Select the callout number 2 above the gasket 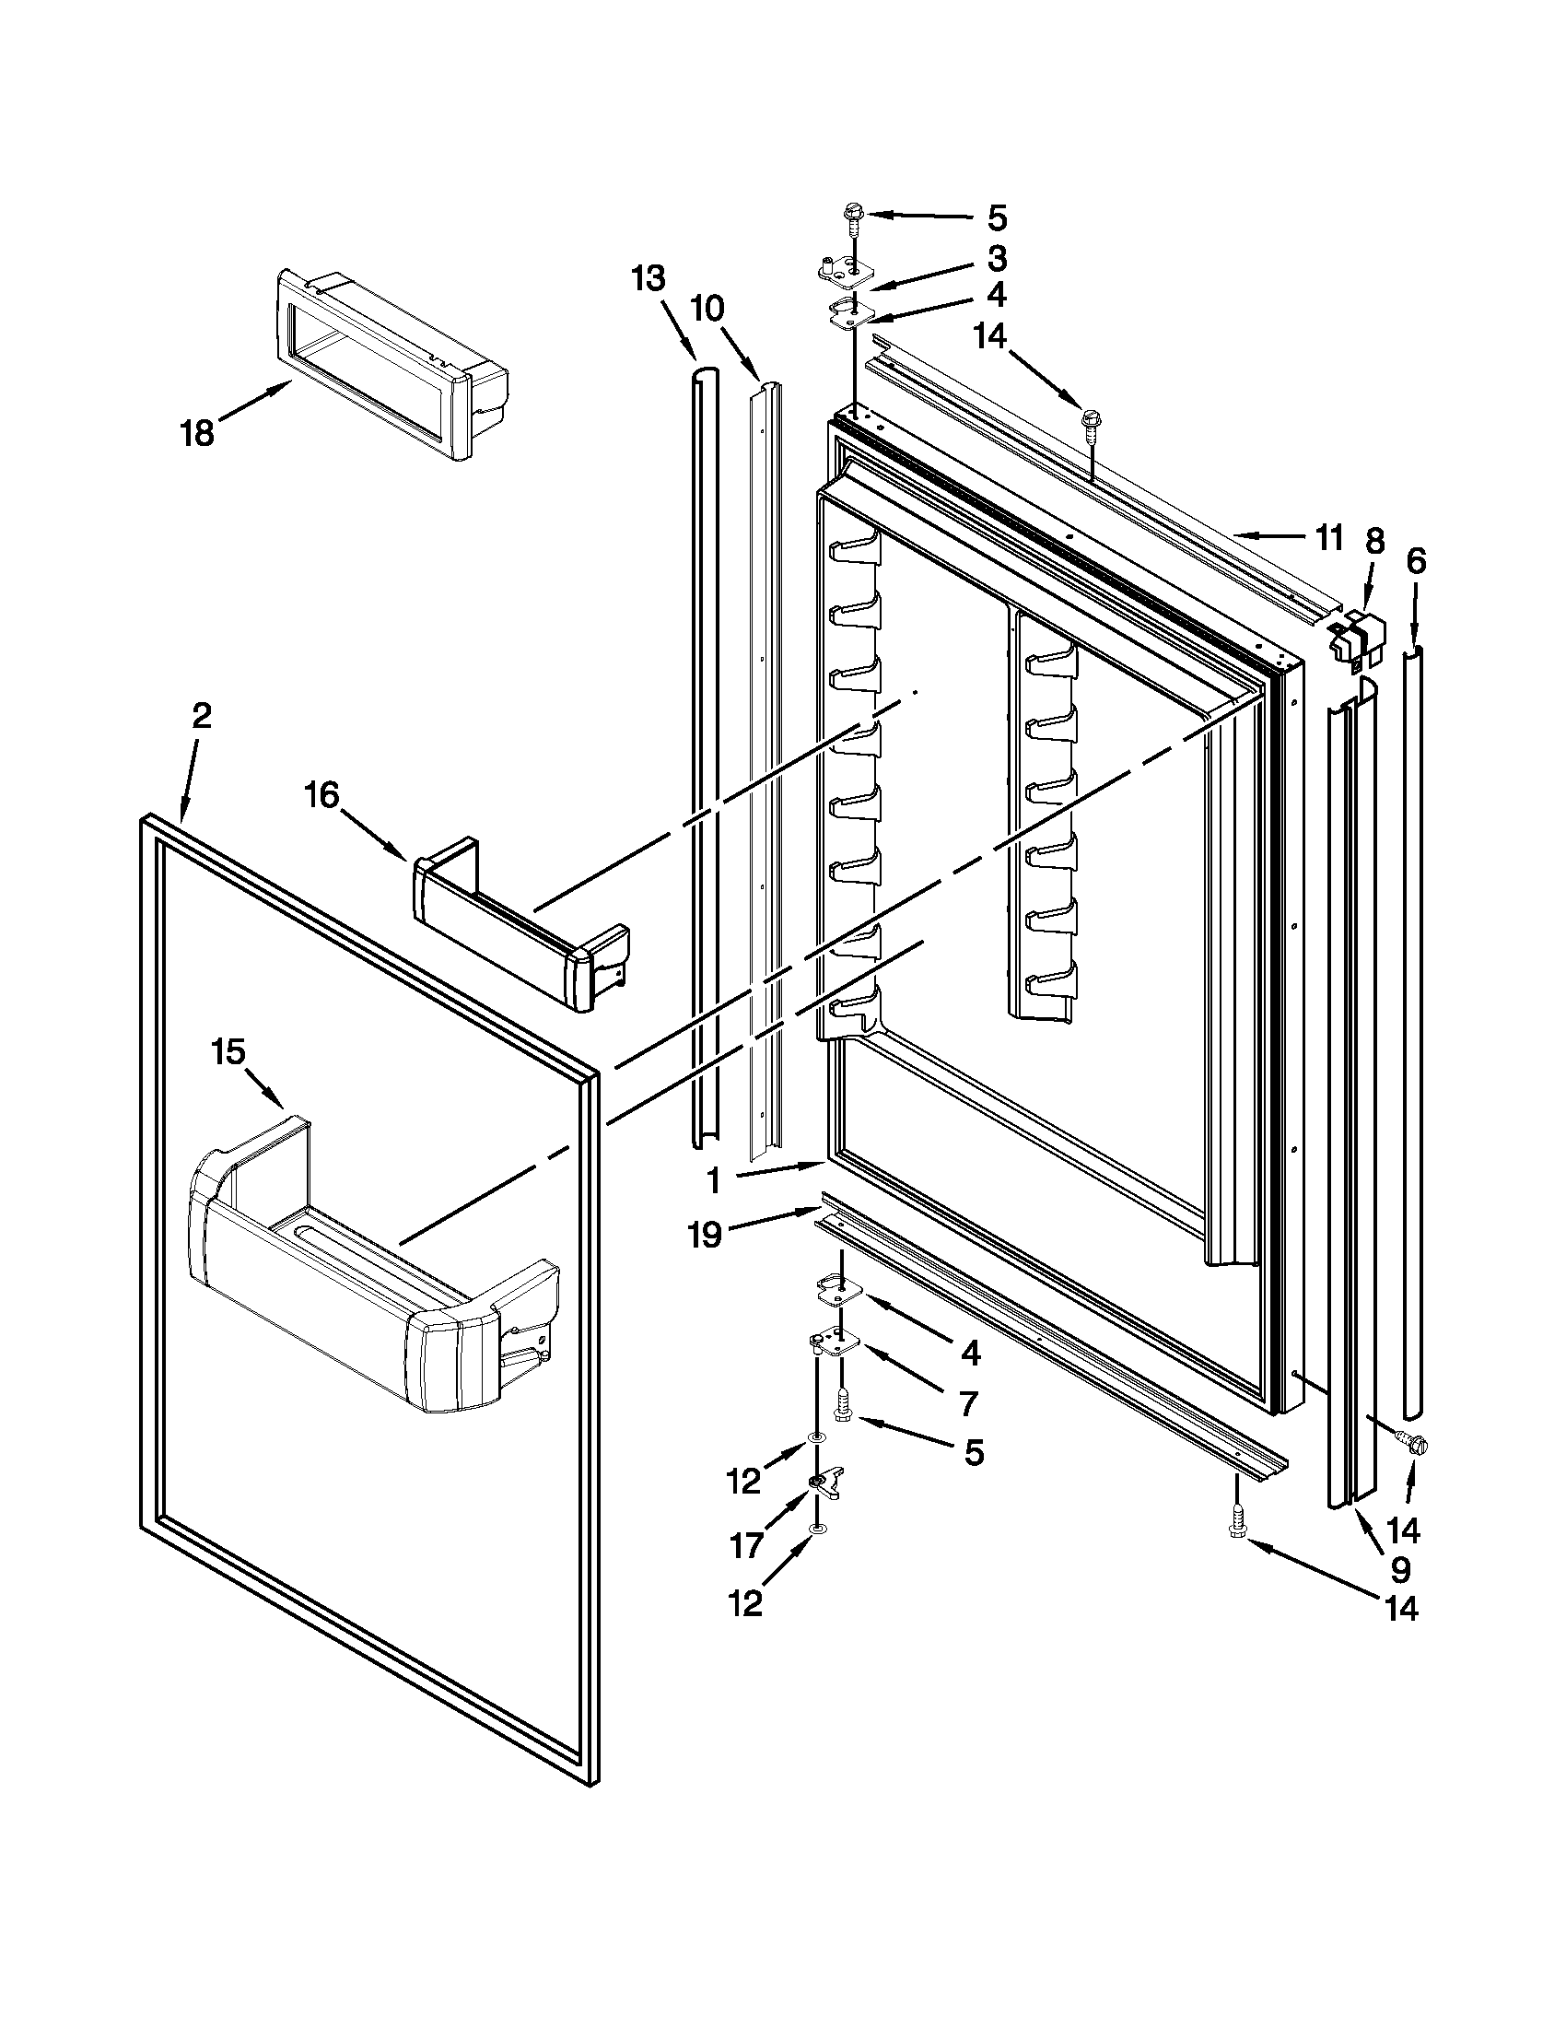(202, 715)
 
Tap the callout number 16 (323, 796)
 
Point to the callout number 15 (228, 1052)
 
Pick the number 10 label (707, 309)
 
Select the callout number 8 (1374, 542)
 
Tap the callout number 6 (1416, 561)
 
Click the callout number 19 (706, 1235)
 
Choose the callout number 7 (967, 1404)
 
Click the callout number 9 (1400, 1569)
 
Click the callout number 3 (996, 257)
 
